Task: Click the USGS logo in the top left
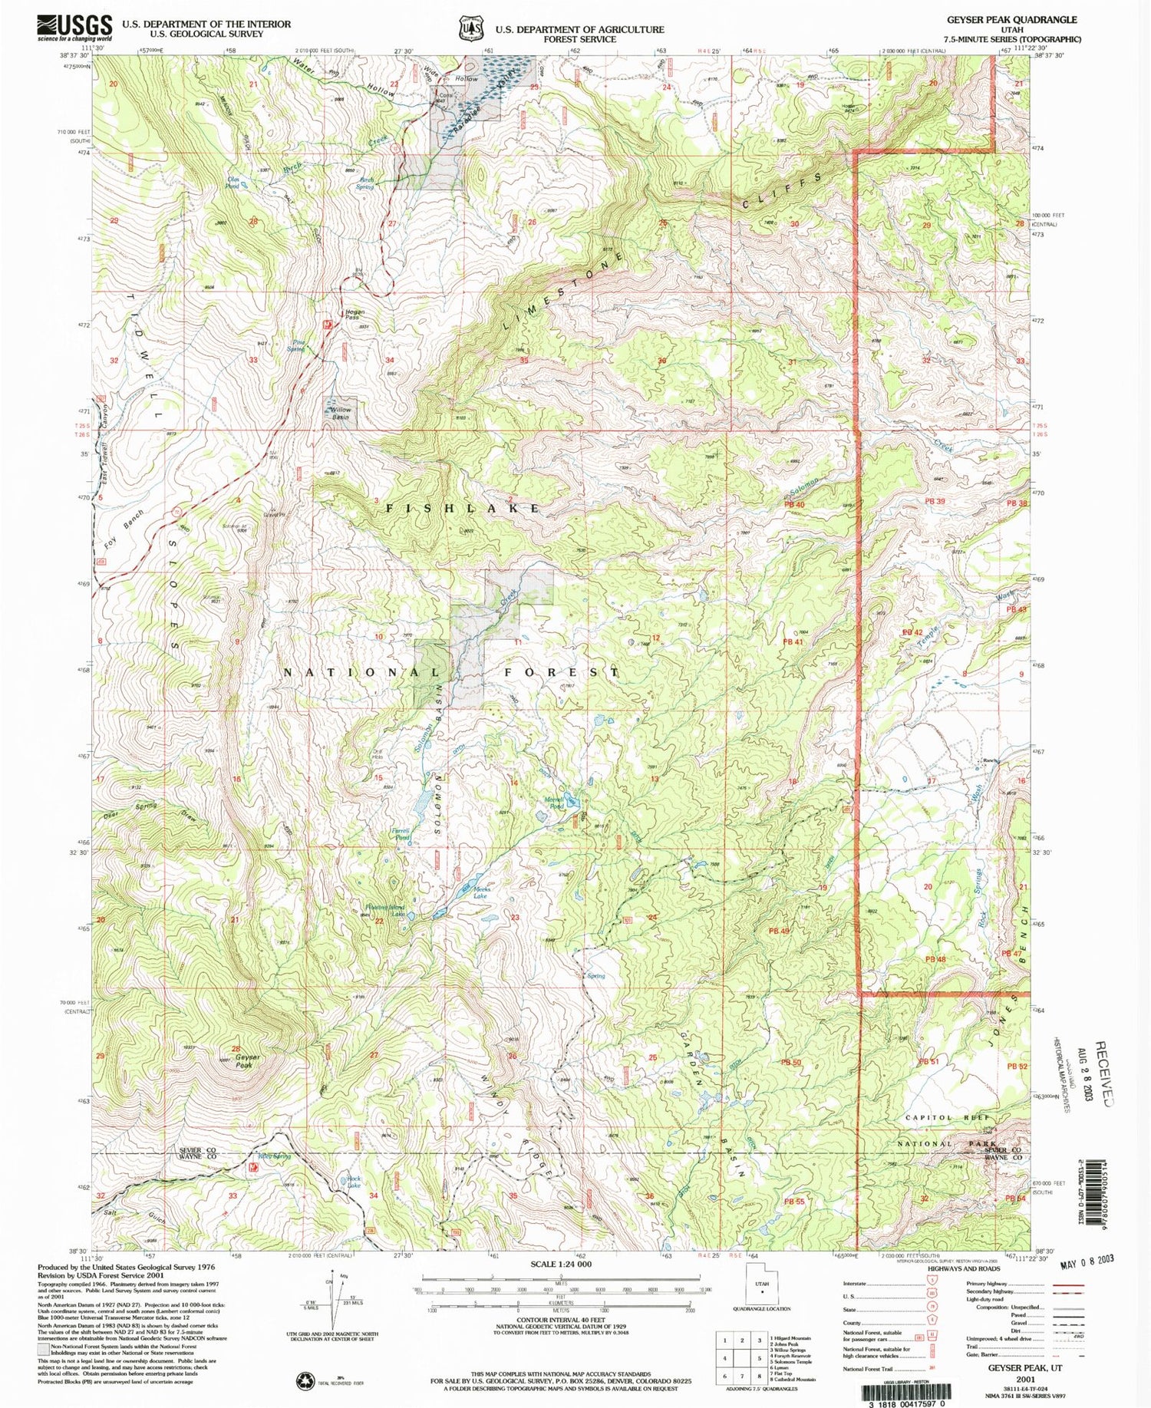[75, 28]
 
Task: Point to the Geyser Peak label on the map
[244, 1062]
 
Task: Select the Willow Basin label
[340, 413]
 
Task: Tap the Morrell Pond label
[554, 803]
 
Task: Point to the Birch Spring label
[367, 183]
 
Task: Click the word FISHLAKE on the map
[463, 509]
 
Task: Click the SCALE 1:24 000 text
[561, 1264]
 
